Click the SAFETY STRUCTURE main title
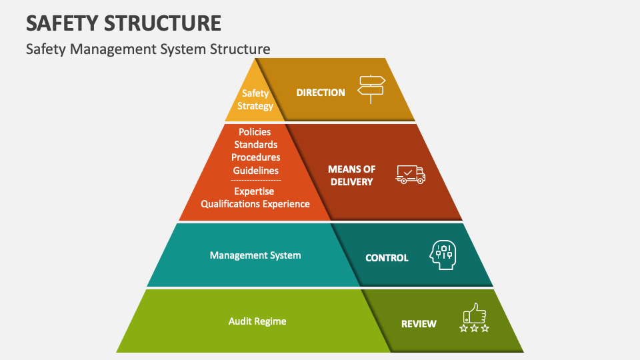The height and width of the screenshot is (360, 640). pos(123,23)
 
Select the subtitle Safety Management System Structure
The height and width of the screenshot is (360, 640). pos(148,49)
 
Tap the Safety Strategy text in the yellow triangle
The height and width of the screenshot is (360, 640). pos(255,100)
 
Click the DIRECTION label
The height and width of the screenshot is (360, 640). pos(321,93)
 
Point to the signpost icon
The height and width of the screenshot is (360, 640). pos(371,89)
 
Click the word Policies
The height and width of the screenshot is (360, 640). pos(255,132)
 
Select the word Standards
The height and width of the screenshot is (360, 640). pos(255,145)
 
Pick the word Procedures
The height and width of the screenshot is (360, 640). pos(255,157)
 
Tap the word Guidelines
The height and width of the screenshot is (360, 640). pos(255,170)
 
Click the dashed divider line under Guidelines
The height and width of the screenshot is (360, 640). pos(255,180)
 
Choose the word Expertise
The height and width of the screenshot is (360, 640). pos(255,191)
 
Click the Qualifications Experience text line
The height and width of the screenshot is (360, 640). pos(255,204)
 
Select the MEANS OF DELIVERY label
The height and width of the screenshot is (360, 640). pos(352,175)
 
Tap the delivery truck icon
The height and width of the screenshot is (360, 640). pos(410,174)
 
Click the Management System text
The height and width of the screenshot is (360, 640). pos(255,255)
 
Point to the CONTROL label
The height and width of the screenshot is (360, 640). pos(387,257)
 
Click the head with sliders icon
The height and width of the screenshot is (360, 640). pos(443,255)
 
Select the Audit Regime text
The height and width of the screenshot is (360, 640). pos(257,321)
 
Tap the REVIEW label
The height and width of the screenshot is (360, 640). pos(419,324)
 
